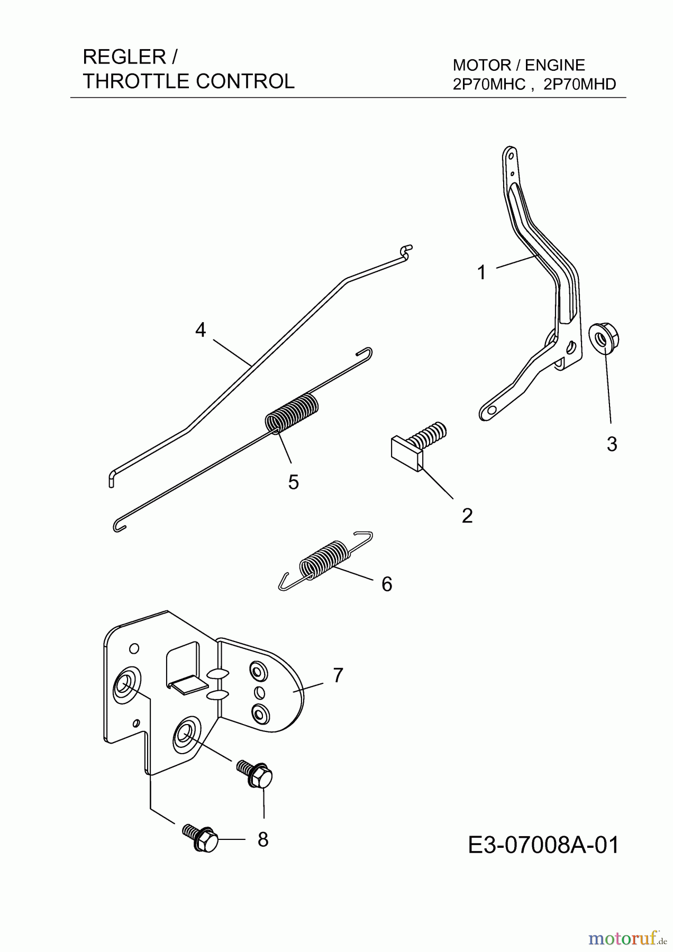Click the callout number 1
(481, 273)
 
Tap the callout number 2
(467, 516)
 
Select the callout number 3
(612, 444)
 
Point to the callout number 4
(200, 330)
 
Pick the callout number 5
(294, 482)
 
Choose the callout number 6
(387, 584)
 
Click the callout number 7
(338, 675)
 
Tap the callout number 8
(263, 839)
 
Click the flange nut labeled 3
(604, 337)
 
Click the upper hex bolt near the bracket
(255, 774)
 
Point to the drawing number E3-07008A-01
(544, 845)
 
